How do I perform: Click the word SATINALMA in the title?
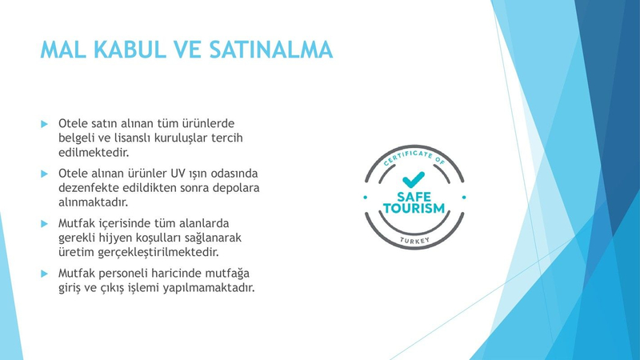pyautogui.click(x=271, y=50)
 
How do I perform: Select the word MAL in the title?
pyautogui.click(x=63, y=50)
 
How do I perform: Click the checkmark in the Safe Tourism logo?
pyautogui.click(x=414, y=179)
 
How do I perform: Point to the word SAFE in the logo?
pyautogui.click(x=414, y=197)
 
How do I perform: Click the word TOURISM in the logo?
pyautogui.click(x=414, y=208)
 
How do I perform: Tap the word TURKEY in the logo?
pyautogui.click(x=414, y=241)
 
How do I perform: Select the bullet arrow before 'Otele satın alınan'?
pyautogui.click(x=45, y=124)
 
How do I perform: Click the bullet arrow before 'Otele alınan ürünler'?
pyautogui.click(x=45, y=174)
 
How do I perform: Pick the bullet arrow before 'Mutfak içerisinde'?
pyautogui.click(x=45, y=224)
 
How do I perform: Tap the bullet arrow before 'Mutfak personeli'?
pyautogui.click(x=45, y=274)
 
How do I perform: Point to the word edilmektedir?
pyautogui.click(x=94, y=152)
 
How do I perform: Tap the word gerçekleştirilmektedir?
pyautogui.click(x=158, y=252)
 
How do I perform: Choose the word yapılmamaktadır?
pyautogui.click(x=209, y=288)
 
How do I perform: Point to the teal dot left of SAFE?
pyautogui.click(x=366, y=198)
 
